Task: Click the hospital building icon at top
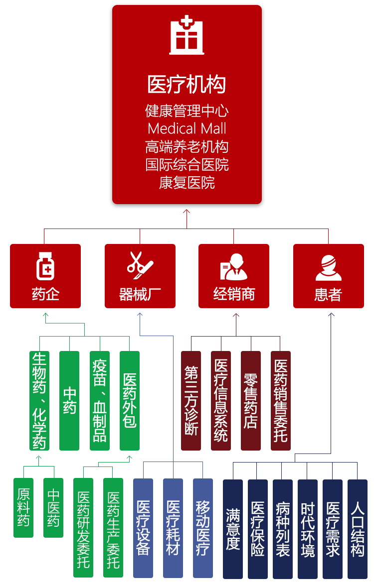187,35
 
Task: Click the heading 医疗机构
187,84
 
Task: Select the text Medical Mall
187,128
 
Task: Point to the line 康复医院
187,183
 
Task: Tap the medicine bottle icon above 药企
45,266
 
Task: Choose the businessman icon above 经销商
234,267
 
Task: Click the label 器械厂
140,294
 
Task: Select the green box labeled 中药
69,401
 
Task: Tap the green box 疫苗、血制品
99,401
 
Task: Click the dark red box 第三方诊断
191,401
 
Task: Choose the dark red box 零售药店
250,401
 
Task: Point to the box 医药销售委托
280,401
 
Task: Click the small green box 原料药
23,507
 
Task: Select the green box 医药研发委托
83,528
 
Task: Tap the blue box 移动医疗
202,528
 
